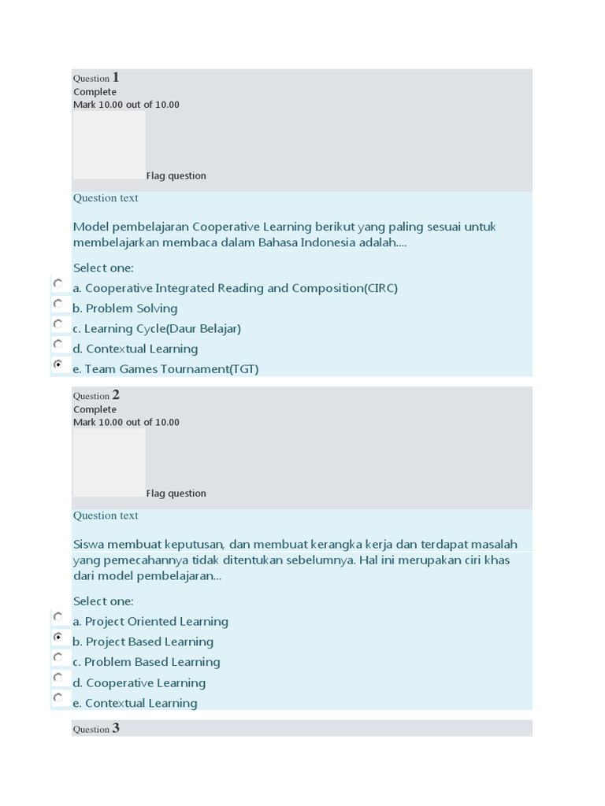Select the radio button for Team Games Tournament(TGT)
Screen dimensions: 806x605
click(x=58, y=365)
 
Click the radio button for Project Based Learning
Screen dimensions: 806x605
click(x=58, y=637)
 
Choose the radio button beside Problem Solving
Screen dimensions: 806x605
click(x=58, y=304)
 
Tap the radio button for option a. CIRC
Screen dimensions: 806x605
click(x=58, y=283)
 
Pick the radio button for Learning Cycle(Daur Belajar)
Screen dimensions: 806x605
click(x=58, y=324)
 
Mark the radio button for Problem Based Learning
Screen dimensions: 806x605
click(x=58, y=657)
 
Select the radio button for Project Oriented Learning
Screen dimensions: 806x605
click(x=58, y=616)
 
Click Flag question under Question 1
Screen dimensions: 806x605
click(x=176, y=176)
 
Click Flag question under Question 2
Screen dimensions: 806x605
click(x=176, y=494)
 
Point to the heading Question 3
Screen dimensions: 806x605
click(x=96, y=729)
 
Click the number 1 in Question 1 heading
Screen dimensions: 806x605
click(x=116, y=77)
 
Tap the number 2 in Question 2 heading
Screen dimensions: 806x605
click(x=116, y=395)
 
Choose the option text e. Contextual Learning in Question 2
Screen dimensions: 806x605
click(x=135, y=703)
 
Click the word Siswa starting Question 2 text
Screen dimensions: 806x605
click(x=88, y=544)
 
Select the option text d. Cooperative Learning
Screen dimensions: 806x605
click(x=139, y=682)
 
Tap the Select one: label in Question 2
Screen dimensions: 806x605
click(x=103, y=601)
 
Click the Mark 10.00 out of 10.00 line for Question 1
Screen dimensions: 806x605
click(x=126, y=105)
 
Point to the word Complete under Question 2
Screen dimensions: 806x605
click(x=95, y=409)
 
